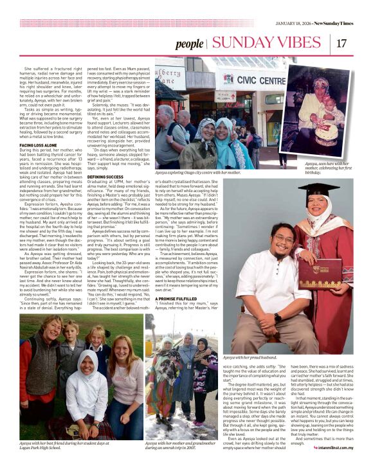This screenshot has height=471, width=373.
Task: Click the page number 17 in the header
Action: tap(341, 43)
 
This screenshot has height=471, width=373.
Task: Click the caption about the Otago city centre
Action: tap(198, 173)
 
